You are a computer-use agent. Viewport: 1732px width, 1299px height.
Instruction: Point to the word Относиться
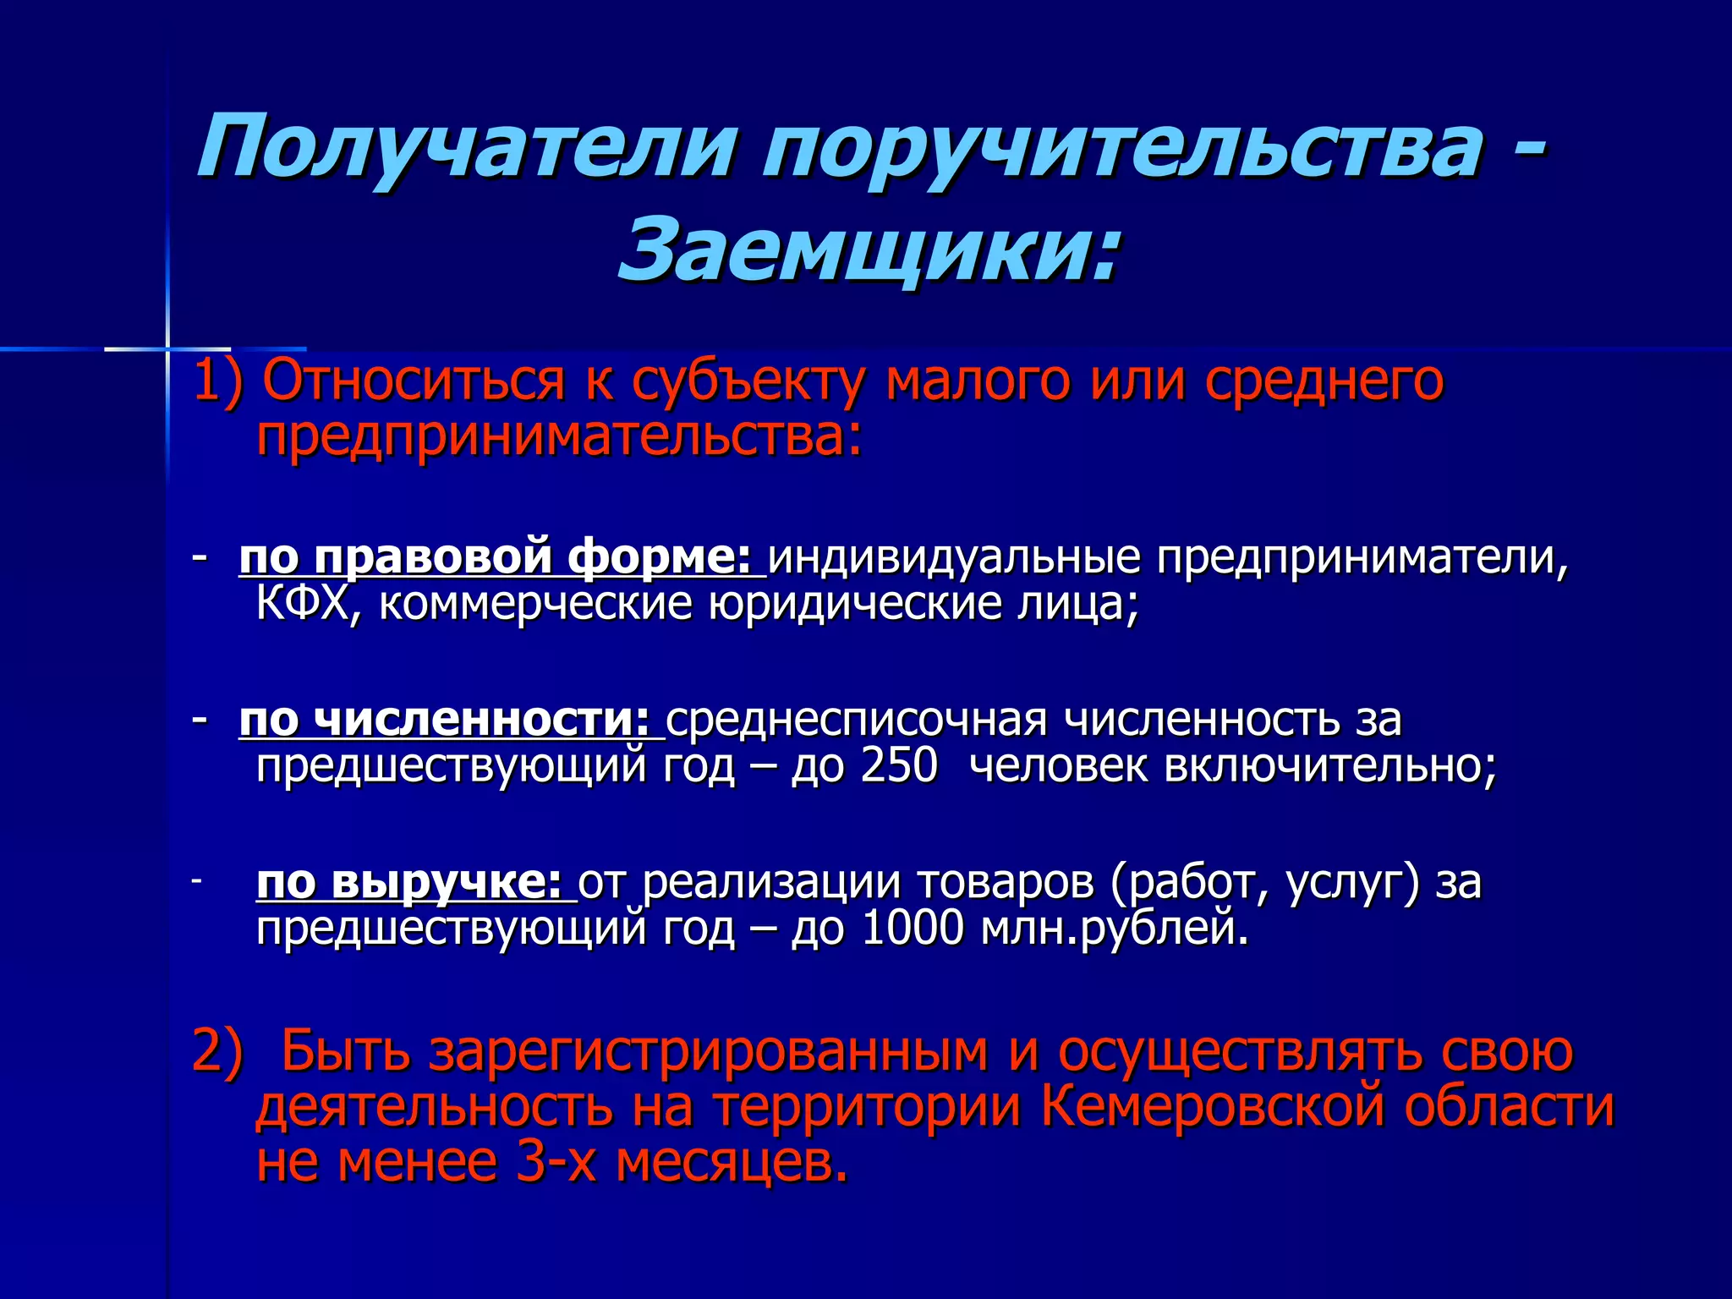414,381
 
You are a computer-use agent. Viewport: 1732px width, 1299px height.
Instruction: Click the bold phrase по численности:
444,720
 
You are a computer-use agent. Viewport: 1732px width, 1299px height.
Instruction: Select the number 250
899,766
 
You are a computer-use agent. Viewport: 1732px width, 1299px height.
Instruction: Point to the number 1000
913,929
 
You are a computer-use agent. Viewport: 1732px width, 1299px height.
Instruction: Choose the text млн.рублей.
1115,929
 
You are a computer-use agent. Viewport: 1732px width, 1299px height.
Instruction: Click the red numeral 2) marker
217,1051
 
